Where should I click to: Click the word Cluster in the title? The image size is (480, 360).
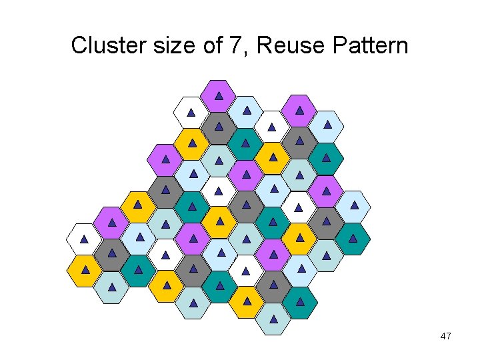pyautogui.click(x=100, y=46)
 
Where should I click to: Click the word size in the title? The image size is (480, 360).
pyautogui.click(x=161, y=46)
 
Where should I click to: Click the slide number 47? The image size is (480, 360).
pyautogui.click(x=446, y=337)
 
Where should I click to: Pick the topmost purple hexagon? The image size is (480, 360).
pyautogui.click(x=219, y=96)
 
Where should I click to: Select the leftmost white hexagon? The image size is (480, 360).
pyautogui.click(x=84, y=239)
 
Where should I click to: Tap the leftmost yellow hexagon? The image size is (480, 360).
pyautogui.click(x=84, y=270)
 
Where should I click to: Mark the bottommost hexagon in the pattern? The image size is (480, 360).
pyautogui.click(x=273, y=319)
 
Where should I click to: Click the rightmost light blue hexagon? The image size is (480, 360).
pyautogui.click(x=353, y=206)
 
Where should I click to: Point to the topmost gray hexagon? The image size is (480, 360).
pyautogui.click(x=219, y=127)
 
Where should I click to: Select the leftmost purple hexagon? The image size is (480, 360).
pyautogui.click(x=111, y=223)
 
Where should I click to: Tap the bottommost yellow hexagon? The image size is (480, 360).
pyautogui.click(x=247, y=302)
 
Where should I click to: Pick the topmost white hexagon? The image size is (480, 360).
pyautogui.click(x=191, y=112)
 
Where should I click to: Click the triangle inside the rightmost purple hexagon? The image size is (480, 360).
pyautogui.click(x=326, y=191)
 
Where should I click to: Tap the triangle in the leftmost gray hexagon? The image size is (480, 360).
pyautogui.click(x=111, y=253)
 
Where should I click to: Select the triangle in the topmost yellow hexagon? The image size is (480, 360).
pyautogui.click(x=192, y=143)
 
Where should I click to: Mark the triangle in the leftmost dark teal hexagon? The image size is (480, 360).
pyautogui.click(x=138, y=270)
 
